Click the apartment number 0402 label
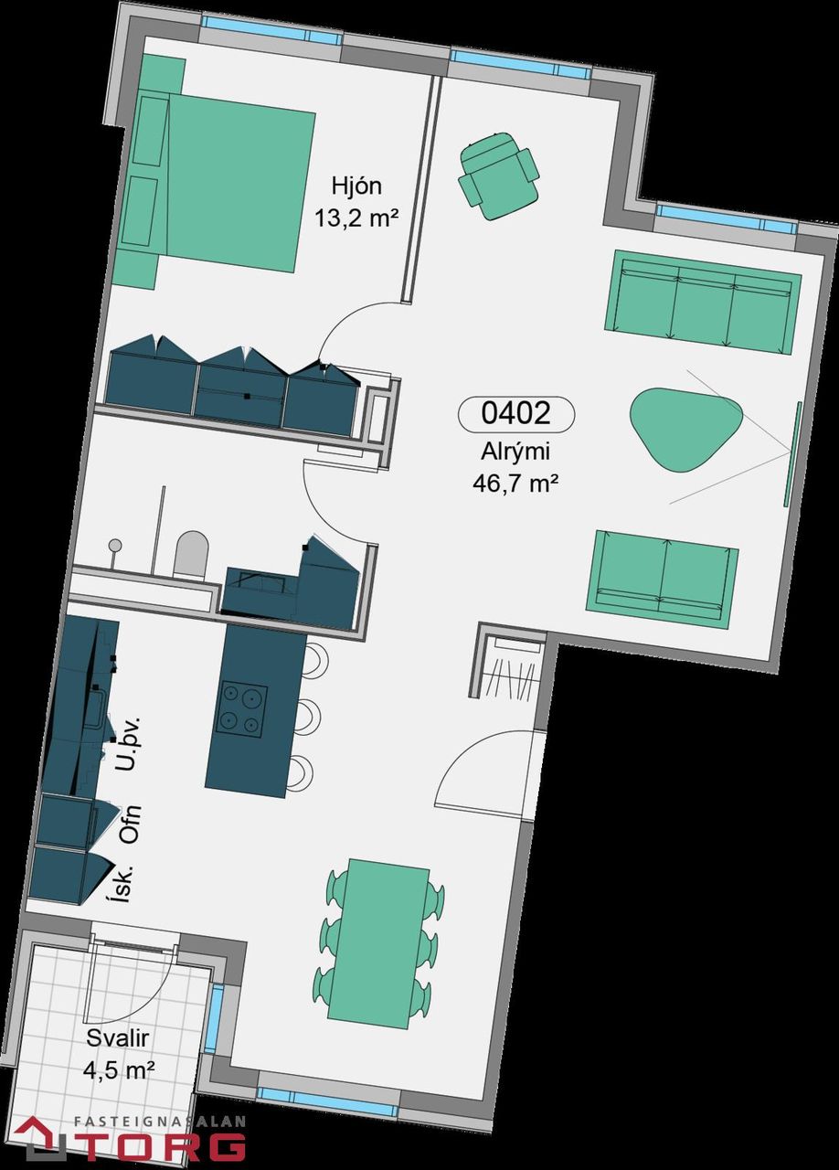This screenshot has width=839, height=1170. (x=515, y=413)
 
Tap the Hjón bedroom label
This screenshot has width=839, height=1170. (x=356, y=186)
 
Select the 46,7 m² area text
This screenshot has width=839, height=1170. (x=513, y=484)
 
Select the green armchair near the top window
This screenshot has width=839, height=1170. (x=498, y=175)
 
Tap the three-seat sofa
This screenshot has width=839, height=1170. (x=703, y=302)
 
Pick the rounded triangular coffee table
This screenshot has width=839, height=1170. (x=686, y=429)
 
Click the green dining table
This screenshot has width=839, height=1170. (x=378, y=943)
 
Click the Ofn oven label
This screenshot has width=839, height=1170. (x=130, y=824)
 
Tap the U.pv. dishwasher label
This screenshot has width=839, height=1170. (x=130, y=744)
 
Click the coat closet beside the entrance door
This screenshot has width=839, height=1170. (x=512, y=668)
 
